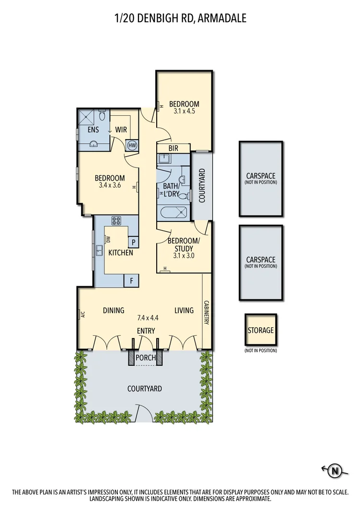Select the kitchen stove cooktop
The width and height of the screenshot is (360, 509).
[117, 221]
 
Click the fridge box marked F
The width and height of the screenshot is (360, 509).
[131, 280]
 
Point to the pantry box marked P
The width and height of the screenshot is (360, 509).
[133, 242]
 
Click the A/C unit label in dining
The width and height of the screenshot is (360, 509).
[82, 315]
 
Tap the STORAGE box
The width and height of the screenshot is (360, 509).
[261, 330]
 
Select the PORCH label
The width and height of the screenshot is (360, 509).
[146, 358]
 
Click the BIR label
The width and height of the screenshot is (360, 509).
[173, 148]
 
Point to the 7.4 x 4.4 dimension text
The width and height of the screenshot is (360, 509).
[148, 318]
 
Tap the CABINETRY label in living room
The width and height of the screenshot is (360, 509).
[206, 313]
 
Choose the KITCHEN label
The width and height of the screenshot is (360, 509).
[120, 253]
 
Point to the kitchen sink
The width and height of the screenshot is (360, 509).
[99, 251]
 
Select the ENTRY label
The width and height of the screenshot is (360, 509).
[146, 330]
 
